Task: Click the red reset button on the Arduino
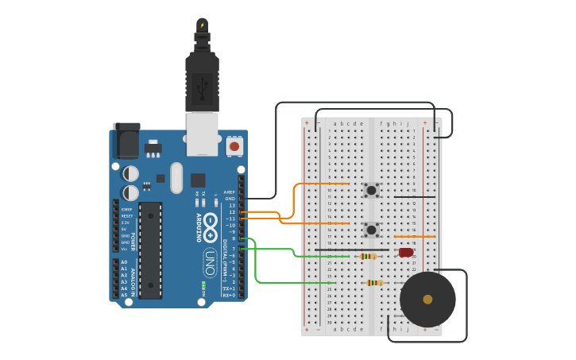click(234, 146)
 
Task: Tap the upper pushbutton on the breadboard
click(371, 190)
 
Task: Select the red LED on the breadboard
click(406, 253)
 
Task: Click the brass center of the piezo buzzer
click(427, 300)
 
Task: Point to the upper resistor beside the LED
click(368, 256)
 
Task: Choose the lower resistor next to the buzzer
click(375, 283)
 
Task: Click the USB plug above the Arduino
click(202, 83)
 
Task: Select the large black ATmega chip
click(150, 250)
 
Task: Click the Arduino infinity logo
click(210, 227)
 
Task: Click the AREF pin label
click(230, 192)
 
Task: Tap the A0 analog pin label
click(124, 261)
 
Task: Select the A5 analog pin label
click(124, 295)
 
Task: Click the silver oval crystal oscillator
click(176, 177)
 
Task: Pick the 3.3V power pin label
click(126, 223)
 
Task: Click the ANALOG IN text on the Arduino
click(133, 278)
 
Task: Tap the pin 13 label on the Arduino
click(232, 205)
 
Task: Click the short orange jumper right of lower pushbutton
click(415, 236)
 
